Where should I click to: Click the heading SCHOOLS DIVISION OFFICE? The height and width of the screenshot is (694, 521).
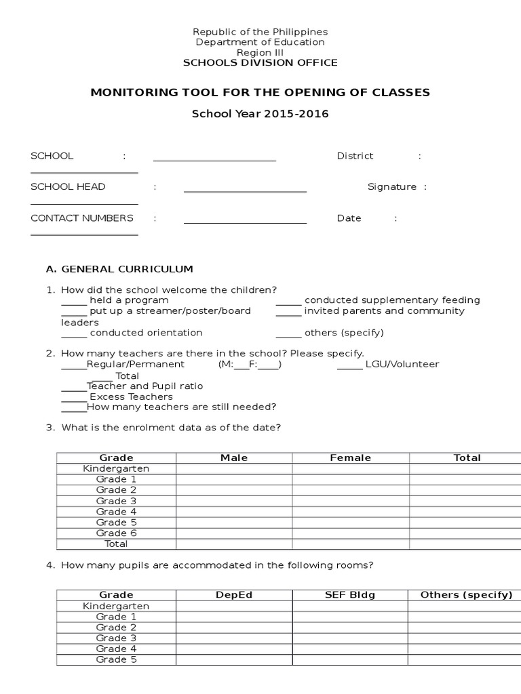click(260, 63)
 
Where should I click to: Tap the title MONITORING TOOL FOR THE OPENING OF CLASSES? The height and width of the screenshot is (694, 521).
click(260, 92)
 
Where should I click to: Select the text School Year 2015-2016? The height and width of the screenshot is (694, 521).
click(260, 114)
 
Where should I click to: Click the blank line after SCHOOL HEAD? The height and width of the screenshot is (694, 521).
click(245, 189)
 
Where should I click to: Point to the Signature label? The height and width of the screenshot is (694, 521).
click(392, 187)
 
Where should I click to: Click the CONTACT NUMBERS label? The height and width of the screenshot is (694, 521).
click(82, 218)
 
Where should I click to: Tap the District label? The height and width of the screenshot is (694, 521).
click(355, 156)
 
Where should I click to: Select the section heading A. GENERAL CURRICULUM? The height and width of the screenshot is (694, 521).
click(119, 269)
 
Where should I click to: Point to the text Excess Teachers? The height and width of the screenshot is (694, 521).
click(131, 396)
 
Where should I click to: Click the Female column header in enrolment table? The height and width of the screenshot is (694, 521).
click(351, 458)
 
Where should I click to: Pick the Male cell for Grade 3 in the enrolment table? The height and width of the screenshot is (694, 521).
click(234, 501)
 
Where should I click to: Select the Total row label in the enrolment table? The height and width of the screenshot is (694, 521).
click(116, 544)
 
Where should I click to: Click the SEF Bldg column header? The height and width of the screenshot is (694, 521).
click(351, 595)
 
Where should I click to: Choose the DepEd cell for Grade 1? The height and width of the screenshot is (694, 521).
click(234, 617)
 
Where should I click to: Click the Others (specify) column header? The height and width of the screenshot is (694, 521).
click(466, 595)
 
